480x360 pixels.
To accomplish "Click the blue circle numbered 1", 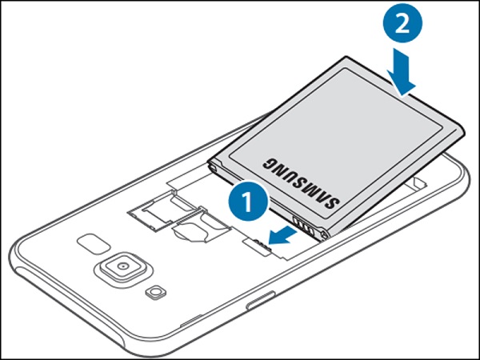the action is pos(248,201).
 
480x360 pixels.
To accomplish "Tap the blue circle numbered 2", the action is pos(402,23).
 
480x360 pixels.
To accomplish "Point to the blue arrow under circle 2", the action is pos(402,71).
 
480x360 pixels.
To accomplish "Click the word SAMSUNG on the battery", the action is pos(301,182).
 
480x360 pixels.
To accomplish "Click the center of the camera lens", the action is pos(122,266).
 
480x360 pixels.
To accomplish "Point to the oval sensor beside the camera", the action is pos(94,244).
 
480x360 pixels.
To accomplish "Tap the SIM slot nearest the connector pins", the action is pos(201,226).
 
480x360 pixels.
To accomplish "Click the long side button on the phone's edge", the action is pos(261,300).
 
